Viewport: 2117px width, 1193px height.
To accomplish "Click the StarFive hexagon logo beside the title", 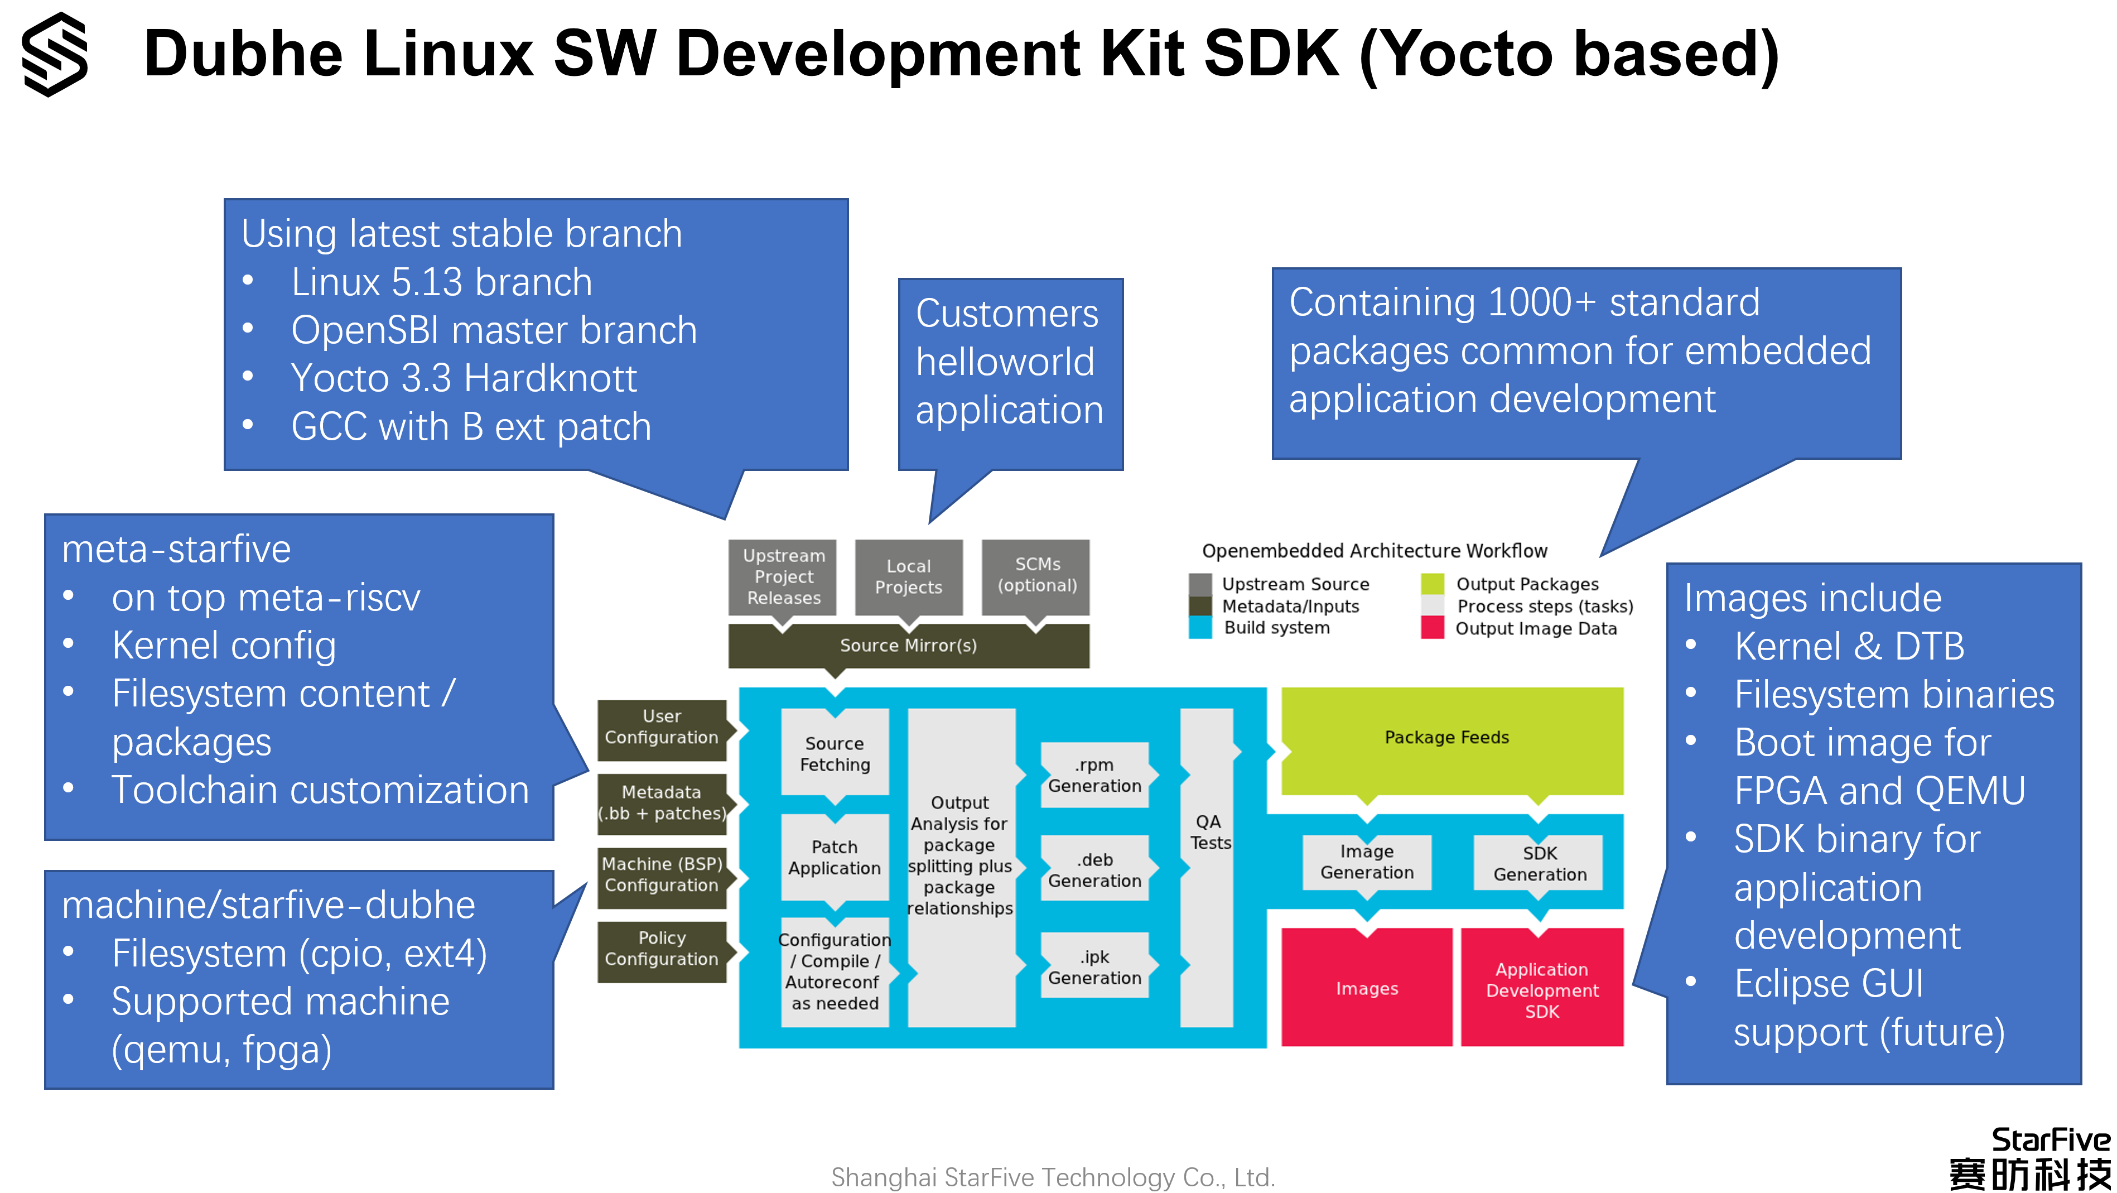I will point(54,54).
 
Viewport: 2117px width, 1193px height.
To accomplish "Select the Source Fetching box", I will point(834,753).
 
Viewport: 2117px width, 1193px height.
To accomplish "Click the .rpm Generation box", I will point(1094,775).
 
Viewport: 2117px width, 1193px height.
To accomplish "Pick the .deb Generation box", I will point(1094,870).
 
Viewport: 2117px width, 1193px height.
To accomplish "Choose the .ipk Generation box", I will point(1094,967).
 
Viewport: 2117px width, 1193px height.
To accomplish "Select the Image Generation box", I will point(1367,862).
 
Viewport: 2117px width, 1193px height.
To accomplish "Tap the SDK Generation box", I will point(1539,863).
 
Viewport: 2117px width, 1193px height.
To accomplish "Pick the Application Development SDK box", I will point(1542,989).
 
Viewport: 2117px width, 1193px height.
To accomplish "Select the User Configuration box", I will point(662,728).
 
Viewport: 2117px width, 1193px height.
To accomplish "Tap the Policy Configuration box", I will point(662,949).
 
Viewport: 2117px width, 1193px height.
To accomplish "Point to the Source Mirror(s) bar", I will point(908,646).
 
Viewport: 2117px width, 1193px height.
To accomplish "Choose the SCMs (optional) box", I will point(1036,575).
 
